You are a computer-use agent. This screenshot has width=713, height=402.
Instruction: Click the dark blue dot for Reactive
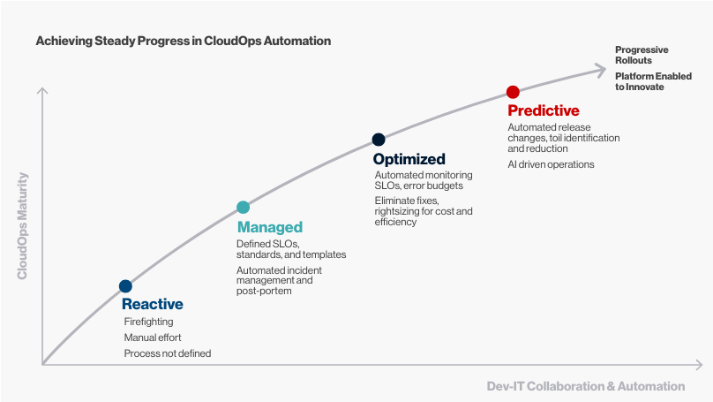[x=125, y=286]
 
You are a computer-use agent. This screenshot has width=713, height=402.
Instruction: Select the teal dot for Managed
[x=244, y=207]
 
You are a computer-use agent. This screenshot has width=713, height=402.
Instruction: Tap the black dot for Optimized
[x=379, y=140]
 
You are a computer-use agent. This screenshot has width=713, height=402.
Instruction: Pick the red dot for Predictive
[x=513, y=92]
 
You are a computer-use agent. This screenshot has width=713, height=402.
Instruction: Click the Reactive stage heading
[x=153, y=304]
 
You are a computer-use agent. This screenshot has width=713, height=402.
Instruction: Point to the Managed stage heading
[x=270, y=227]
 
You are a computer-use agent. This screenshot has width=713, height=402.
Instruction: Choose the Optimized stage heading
[x=409, y=159]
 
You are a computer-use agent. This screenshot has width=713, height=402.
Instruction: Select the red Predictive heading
[x=544, y=110]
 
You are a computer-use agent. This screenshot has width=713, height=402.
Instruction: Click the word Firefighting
[x=149, y=322]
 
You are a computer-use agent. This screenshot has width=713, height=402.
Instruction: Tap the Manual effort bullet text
[x=153, y=338]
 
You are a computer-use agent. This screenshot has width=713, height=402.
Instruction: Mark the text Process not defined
[x=168, y=353]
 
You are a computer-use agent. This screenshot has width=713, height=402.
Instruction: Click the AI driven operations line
[x=551, y=164]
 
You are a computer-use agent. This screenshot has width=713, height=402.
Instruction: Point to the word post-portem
[x=264, y=291]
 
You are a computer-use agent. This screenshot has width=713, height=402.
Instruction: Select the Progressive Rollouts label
[x=642, y=55]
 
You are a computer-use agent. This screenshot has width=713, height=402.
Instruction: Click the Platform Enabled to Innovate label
[x=653, y=81]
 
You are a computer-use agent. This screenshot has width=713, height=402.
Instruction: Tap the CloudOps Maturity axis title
[x=22, y=226]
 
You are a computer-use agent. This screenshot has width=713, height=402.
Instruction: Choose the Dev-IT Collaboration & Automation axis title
[x=586, y=386]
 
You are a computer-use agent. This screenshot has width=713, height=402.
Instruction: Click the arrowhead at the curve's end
[x=601, y=70]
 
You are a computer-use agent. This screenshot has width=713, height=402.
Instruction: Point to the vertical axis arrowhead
[x=42, y=90]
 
